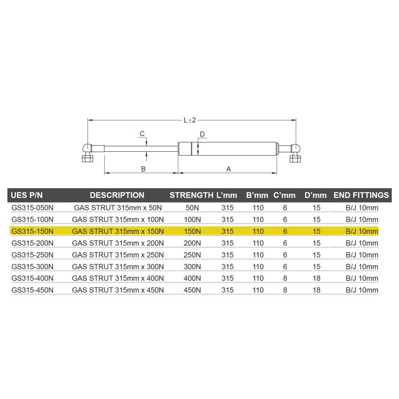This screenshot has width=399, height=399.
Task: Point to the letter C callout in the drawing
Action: tap(142, 133)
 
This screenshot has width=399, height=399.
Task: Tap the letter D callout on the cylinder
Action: tap(202, 134)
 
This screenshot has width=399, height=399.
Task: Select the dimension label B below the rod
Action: tap(143, 169)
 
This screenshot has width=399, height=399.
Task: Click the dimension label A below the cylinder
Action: tap(229, 169)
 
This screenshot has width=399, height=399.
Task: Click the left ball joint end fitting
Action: tap(88, 152)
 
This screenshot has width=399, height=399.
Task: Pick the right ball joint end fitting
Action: tap(294, 152)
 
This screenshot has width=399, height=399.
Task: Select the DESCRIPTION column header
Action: tap(117, 195)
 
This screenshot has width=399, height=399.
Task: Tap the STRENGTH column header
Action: tap(191, 195)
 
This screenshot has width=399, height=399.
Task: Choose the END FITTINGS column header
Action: tap(361, 195)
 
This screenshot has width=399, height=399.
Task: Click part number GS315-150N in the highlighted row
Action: tap(33, 231)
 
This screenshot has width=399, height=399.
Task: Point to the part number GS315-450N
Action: tap(33, 290)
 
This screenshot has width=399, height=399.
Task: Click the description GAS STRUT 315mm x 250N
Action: tap(118, 255)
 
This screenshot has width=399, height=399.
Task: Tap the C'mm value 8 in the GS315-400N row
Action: tap(285, 278)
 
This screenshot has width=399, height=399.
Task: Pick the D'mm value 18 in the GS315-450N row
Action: tap(316, 290)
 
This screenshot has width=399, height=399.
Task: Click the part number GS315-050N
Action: tap(33, 207)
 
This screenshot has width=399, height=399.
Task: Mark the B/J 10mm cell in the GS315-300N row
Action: tap(361, 267)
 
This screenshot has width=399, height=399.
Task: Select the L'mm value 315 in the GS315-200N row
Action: tap(227, 243)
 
